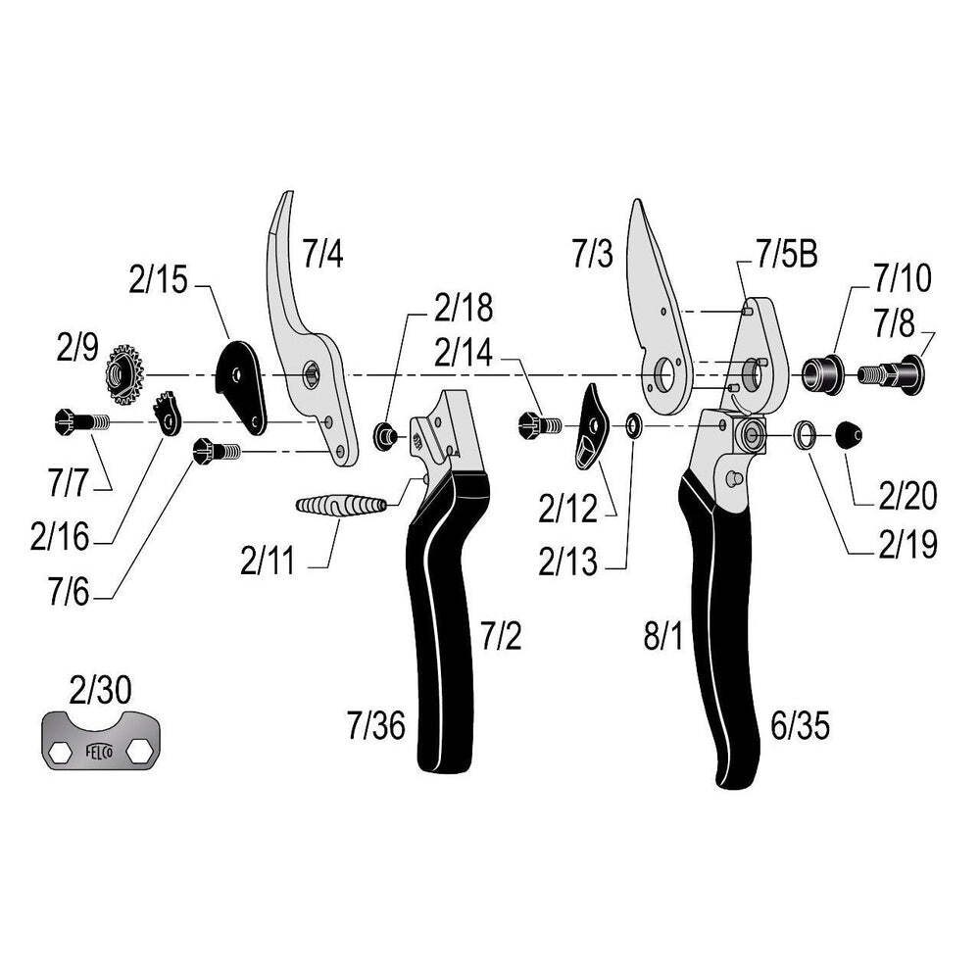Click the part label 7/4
click(322, 255)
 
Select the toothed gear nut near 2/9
click(124, 372)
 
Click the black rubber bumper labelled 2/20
click(850, 434)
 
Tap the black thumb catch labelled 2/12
click(593, 427)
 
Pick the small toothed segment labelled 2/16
click(170, 413)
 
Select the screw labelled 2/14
click(536, 424)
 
